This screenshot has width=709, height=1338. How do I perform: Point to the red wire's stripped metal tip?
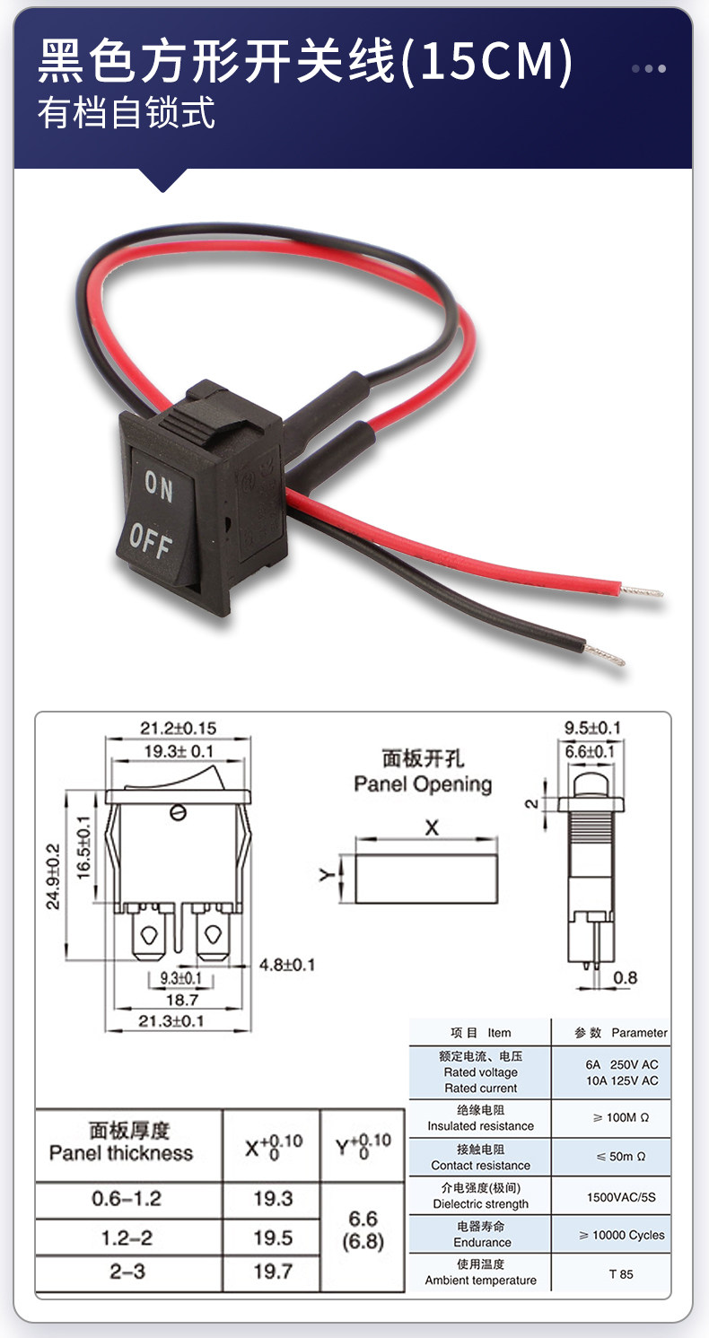coord(645,592)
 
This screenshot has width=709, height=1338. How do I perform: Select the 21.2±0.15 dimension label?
coord(178,728)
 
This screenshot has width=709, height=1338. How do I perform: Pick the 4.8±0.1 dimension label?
coord(287,965)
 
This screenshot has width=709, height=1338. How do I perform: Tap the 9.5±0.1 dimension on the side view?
coord(591,728)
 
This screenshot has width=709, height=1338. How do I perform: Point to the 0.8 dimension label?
coord(626,978)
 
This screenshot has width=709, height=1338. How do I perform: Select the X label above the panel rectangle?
coord(432,827)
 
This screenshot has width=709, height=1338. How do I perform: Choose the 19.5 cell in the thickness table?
coord(273,1237)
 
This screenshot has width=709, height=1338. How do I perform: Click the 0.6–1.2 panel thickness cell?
coord(127,1199)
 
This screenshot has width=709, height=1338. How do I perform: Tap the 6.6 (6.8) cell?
coord(363,1230)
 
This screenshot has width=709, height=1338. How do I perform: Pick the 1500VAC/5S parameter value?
coord(620,1196)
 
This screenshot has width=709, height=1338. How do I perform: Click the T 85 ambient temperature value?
coord(620,1273)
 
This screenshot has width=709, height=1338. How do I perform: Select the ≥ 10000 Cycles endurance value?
coord(621,1235)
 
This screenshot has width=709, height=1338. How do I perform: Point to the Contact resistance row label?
coord(480,1165)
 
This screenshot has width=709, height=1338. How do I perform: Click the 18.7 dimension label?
coord(176,999)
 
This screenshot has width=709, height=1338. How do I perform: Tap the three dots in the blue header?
coord(649,68)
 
